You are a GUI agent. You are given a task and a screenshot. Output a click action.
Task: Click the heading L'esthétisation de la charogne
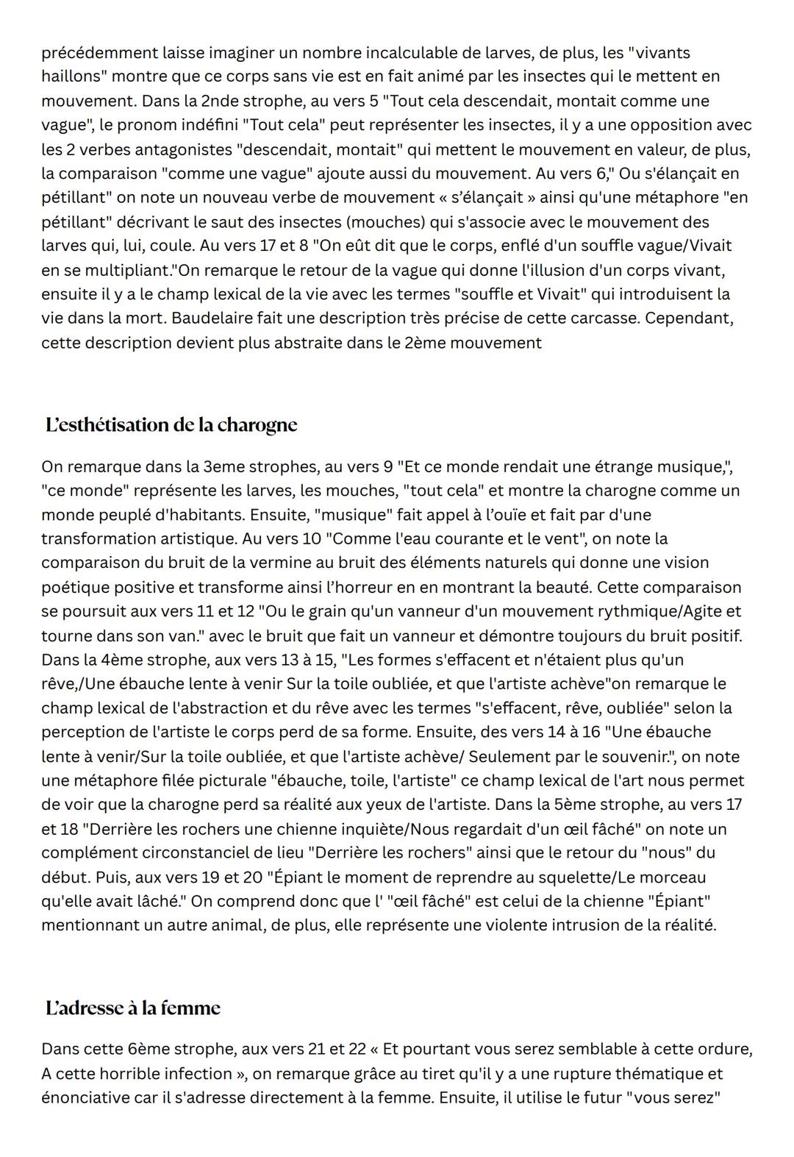pos(171,425)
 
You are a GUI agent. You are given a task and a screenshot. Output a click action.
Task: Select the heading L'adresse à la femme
pos(132,1008)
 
